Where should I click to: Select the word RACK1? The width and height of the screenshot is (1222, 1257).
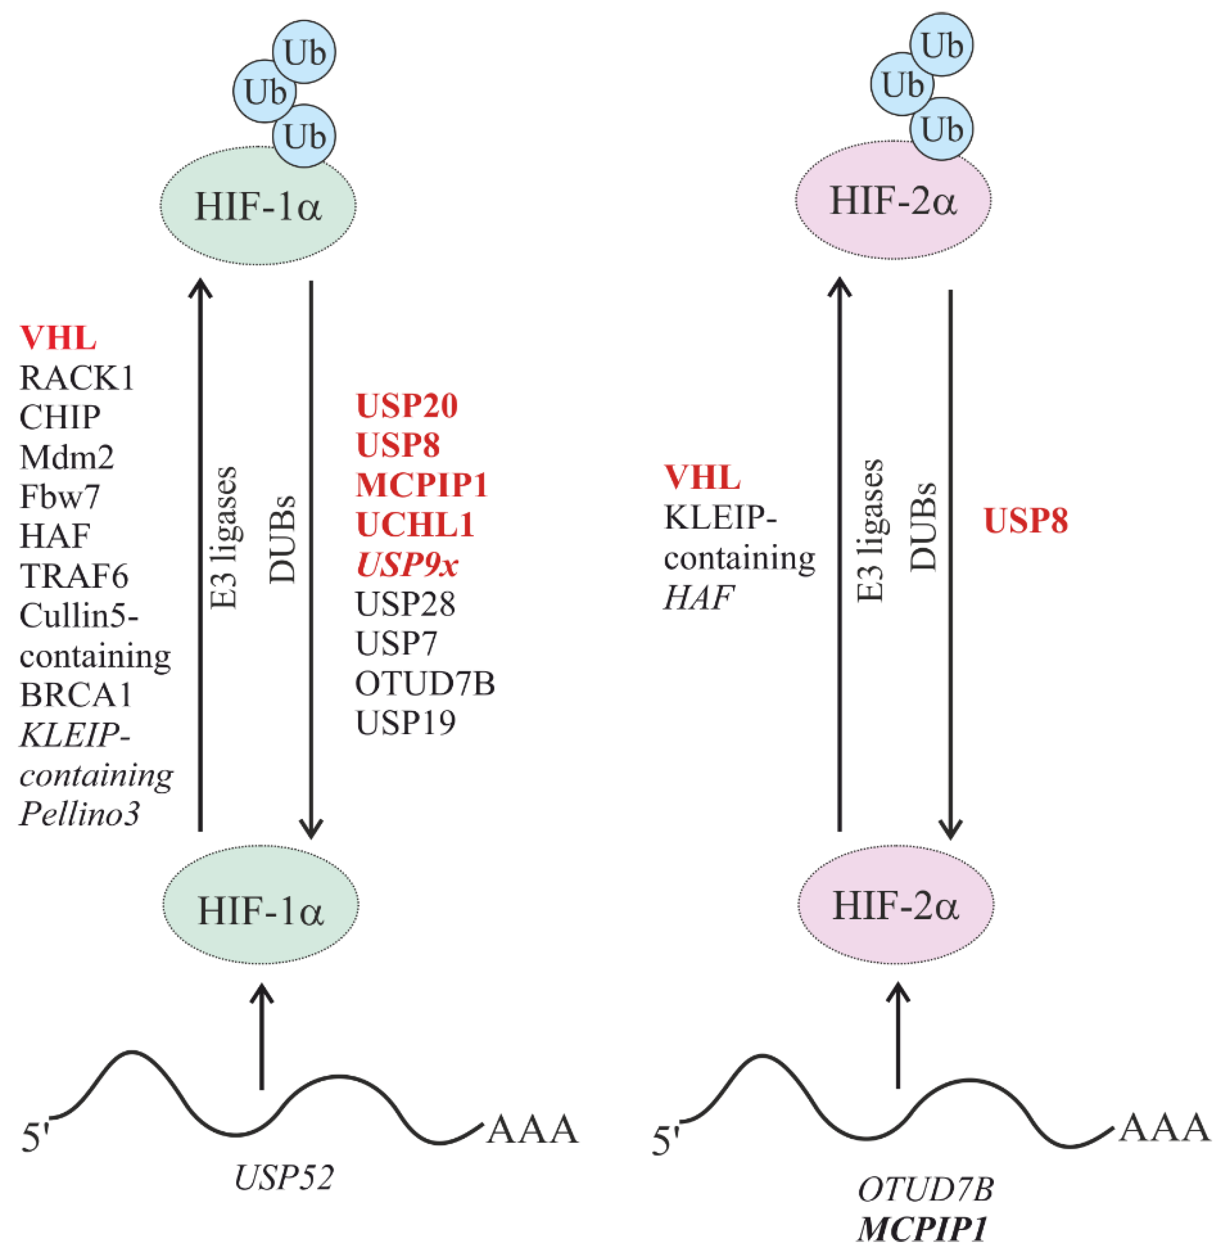pos(77,378)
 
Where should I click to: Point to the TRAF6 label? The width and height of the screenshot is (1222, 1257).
pos(74,576)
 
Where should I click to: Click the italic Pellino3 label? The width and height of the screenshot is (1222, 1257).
pos(80,814)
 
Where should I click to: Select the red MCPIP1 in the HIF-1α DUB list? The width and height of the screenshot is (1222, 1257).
pos(422,485)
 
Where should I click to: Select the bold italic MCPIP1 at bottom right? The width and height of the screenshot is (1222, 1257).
pos(922,1229)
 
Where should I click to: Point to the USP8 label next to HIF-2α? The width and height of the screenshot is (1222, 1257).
pos(1026,520)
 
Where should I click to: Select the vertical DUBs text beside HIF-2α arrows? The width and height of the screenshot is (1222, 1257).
pos(923,527)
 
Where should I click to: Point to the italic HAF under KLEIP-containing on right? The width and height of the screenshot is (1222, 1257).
pos(698,598)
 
